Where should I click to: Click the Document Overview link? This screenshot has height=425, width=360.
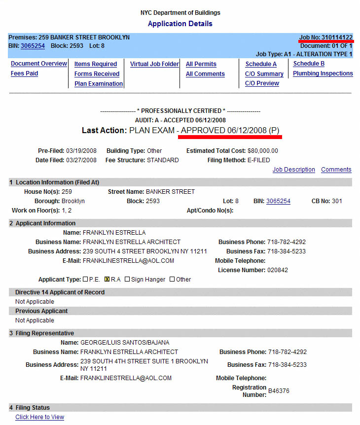(39, 64)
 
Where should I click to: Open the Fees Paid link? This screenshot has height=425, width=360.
(24, 73)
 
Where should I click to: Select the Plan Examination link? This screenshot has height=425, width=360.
(99, 84)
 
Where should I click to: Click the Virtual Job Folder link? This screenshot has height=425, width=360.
(154, 64)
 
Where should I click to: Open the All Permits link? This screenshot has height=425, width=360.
(201, 64)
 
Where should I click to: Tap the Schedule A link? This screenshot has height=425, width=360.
(261, 64)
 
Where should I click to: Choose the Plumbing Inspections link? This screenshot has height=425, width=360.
(323, 73)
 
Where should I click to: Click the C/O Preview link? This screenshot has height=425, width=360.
(262, 83)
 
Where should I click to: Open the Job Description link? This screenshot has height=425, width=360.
(293, 170)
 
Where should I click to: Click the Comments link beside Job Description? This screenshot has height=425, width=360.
(336, 170)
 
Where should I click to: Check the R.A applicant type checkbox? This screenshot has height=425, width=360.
(107, 280)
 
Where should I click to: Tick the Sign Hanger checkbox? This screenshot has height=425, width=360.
(127, 280)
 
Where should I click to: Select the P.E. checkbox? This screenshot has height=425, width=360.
(85, 280)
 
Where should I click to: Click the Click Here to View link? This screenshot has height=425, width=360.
(39, 417)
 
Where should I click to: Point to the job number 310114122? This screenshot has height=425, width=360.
(337, 37)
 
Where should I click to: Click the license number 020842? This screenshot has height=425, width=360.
(278, 270)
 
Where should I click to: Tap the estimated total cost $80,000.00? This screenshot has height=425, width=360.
(263, 151)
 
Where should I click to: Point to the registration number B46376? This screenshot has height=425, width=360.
(279, 391)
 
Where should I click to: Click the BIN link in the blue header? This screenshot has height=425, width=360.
(33, 46)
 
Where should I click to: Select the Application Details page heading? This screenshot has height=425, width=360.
(180, 24)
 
